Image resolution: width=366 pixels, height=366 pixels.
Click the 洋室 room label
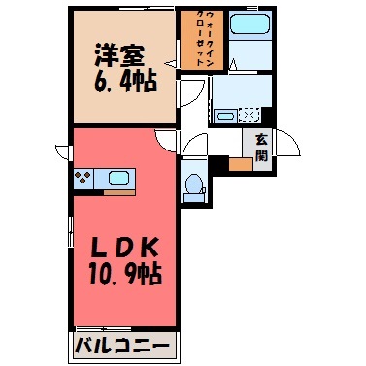coord(119,56)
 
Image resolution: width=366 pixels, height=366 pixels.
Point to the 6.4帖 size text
coord(125,81)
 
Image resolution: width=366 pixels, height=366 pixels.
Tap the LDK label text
coord(125,249)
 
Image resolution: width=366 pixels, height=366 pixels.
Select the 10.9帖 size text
coord(125,275)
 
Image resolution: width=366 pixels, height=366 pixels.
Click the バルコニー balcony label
coord(122,345)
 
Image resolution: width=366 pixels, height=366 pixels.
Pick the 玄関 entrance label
coord(261,148)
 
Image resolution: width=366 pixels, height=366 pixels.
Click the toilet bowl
coord(194,186)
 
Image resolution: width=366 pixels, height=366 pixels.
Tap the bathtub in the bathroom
coord(250,23)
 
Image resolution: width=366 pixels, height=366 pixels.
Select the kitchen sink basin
coord(119,179)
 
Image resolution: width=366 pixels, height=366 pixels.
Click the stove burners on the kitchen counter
coord(83,178)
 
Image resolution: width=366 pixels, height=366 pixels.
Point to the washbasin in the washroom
coord(226,116)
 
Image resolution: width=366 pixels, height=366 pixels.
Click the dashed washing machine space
coord(250,116)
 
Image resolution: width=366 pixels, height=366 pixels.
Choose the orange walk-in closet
coord(202,40)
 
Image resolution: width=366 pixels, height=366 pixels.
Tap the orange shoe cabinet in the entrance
coord(241,164)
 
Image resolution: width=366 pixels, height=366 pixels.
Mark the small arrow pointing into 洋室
coord(171,64)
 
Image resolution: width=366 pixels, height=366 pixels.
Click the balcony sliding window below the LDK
coord(103,329)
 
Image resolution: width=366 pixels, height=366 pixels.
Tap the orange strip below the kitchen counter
coord(119,193)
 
